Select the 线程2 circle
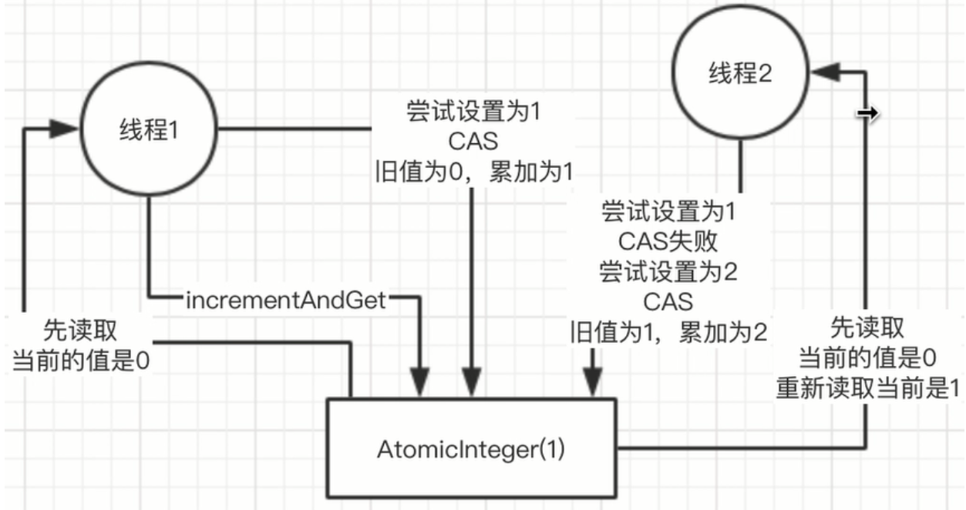click(739, 73)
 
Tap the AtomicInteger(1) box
click(471, 449)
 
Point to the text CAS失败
click(668, 242)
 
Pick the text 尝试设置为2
click(668, 271)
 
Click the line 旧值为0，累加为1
click(473, 171)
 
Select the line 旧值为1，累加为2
click(668, 332)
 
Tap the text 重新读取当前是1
click(867, 388)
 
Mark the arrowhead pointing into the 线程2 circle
click(823, 72)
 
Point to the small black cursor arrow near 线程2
click(868, 114)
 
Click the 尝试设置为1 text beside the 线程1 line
click(473, 112)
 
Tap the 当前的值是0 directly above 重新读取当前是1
click(867, 358)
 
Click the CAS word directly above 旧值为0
click(473, 142)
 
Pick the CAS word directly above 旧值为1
click(668, 301)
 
